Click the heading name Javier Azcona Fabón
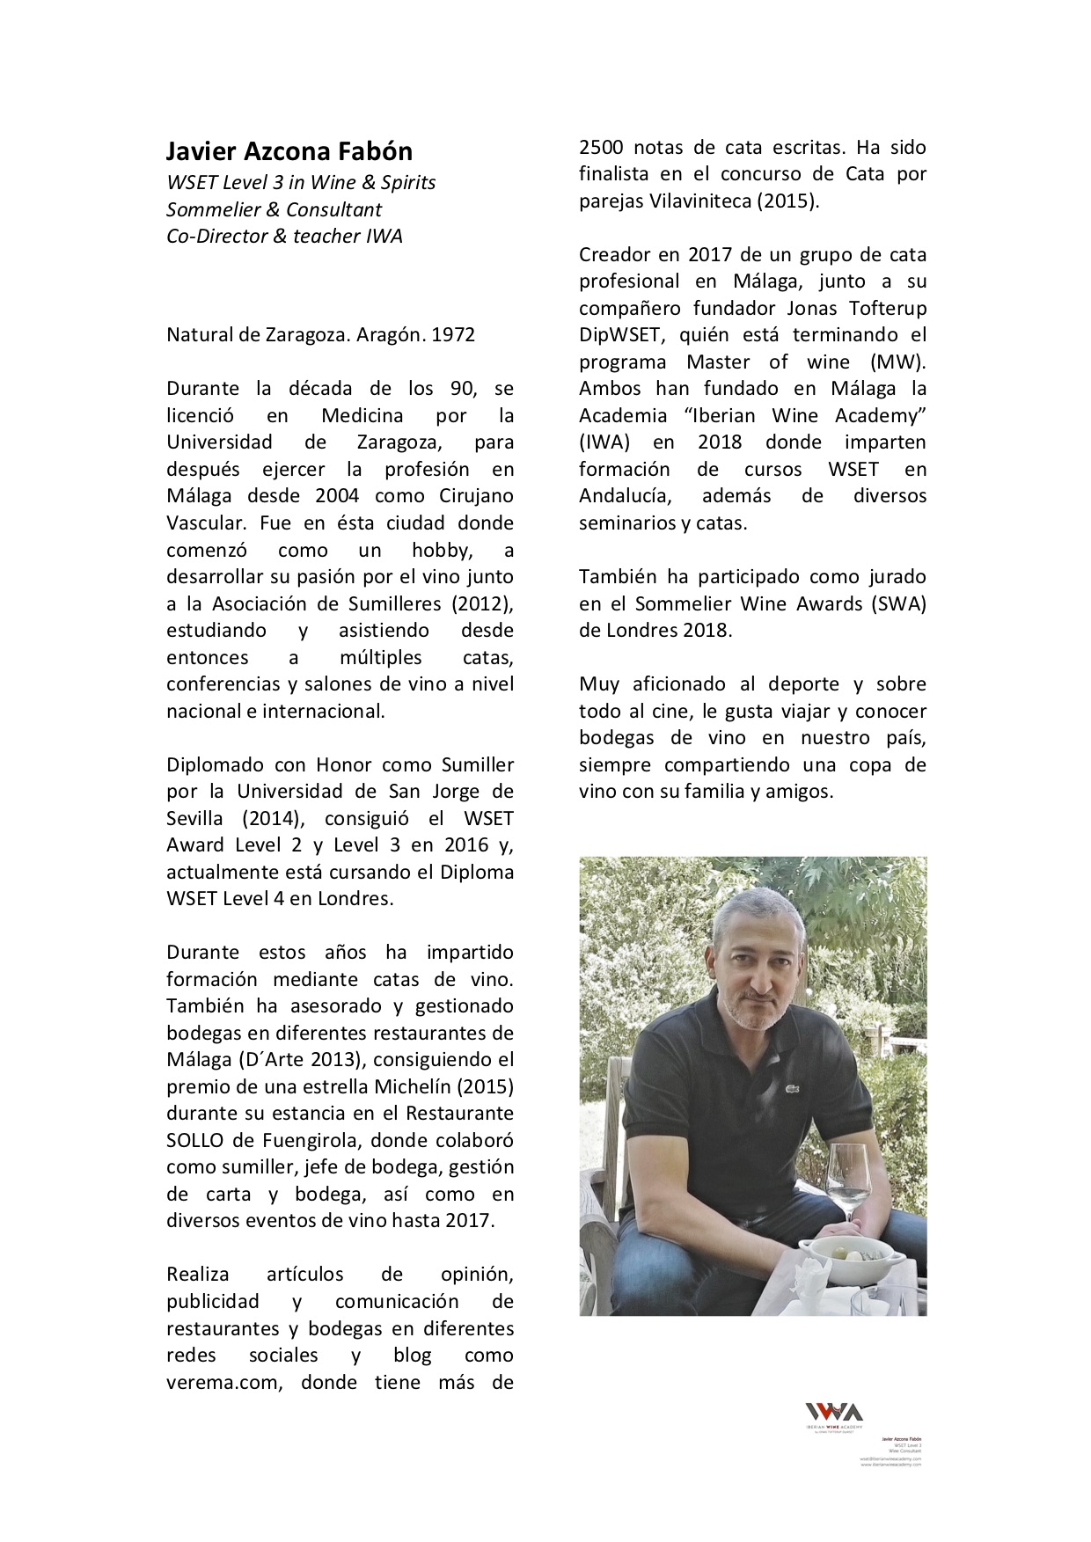click(289, 151)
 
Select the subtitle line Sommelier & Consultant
click(274, 209)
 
